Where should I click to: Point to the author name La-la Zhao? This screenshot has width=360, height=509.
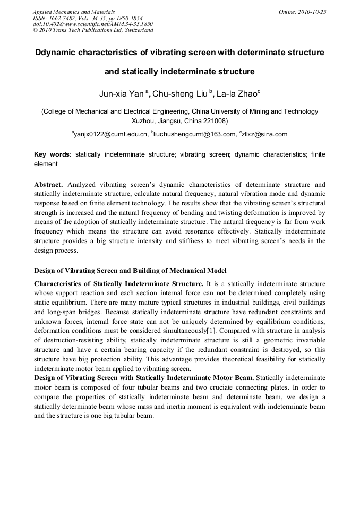point(237,94)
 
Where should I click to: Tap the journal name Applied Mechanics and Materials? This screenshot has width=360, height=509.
point(73,12)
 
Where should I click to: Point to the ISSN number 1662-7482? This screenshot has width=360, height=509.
point(65,18)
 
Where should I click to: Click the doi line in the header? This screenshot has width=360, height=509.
point(92,24)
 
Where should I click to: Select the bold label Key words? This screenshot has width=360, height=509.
point(52,154)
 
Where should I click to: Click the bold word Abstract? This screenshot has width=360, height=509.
point(48,185)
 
